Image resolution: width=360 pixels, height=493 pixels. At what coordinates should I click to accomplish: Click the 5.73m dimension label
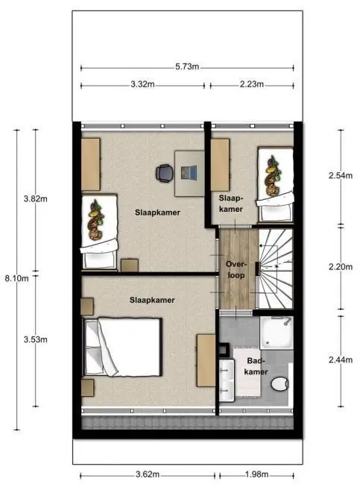[187, 67]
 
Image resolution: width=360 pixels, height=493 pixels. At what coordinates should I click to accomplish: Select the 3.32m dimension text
[142, 84]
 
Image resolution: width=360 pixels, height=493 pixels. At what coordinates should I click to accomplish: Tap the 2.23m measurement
[252, 84]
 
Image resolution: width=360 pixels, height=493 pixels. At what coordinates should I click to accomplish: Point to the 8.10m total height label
[16, 278]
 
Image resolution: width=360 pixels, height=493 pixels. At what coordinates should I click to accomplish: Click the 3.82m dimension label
[36, 198]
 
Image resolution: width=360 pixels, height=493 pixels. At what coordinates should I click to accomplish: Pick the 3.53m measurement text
[36, 339]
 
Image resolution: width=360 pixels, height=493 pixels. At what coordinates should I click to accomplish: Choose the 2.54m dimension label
[341, 176]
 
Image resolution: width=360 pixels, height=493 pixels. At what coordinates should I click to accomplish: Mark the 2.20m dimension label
[341, 267]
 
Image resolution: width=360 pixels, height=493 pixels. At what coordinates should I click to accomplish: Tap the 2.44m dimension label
[341, 360]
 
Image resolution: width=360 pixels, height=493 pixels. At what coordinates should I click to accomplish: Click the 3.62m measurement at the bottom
[148, 474]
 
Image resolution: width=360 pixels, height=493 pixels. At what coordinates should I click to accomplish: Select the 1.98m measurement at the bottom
[256, 474]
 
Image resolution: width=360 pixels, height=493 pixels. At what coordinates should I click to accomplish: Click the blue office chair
[164, 173]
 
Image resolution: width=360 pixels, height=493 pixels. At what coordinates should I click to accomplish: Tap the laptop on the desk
[189, 172]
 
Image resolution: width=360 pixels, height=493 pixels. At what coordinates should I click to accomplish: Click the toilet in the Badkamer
[280, 384]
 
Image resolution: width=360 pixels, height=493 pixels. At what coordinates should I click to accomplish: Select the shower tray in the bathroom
[277, 333]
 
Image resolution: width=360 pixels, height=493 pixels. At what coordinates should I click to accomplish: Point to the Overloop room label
[236, 269]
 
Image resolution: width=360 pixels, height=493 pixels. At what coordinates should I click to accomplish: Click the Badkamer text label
[256, 366]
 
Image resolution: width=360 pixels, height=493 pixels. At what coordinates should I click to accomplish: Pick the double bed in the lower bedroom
[122, 347]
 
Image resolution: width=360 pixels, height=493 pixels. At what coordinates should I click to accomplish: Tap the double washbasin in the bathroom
[227, 380]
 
